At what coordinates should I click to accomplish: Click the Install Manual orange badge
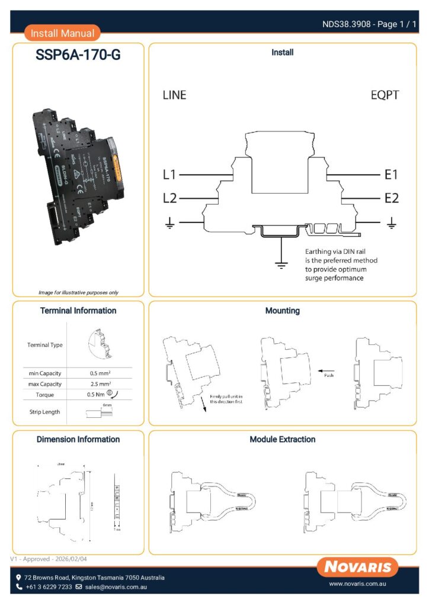62,33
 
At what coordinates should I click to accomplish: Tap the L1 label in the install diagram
169,175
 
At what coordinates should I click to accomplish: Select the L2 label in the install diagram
169,198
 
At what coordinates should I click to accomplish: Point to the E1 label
391,175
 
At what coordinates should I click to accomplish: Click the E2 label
391,198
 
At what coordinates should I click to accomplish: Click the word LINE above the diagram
174,95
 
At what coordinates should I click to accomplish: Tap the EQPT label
385,95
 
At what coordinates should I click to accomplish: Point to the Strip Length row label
45,412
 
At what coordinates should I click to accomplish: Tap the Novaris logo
357,568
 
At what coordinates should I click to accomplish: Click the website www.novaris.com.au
357,584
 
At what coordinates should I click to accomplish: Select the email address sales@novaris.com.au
116,587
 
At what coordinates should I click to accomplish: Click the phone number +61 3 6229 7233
49,587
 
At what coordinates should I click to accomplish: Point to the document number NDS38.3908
347,24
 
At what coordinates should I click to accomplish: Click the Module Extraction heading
283,440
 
